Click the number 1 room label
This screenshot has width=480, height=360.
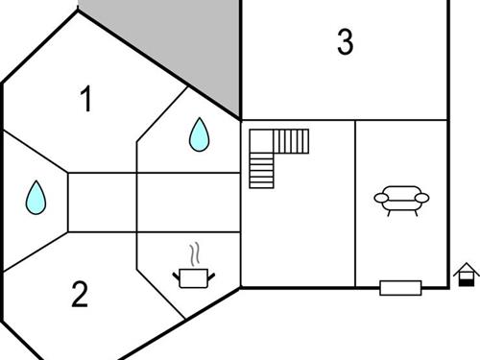pyautogui.click(x=86, y=100)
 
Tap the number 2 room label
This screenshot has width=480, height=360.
pyautogui.click(x=80, y=295)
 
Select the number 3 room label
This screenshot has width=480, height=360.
pyautogui.click(x=346, y=43)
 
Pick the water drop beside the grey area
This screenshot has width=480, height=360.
pyautogui.click(x=199, y=134)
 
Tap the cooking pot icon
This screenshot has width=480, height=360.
pyautogui.click(x=193, y=277)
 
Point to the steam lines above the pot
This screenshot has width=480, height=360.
pyautogui.click(x=196, y=254)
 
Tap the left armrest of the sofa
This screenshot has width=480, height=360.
pyautogui.click(x=380, y=199)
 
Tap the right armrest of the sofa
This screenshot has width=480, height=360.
pyautogui.click(x=422, y=199)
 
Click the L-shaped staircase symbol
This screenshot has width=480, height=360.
pyautogui.click(x=277, y=154)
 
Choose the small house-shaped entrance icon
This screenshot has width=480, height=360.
pyautogui.click(x=466, y=275)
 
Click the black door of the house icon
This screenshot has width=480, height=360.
pyautogui.click(x=467, y=280)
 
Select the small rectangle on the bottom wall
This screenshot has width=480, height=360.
pyautogui.click(x=400, y=287)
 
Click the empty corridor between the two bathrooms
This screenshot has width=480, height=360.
pyautogui.click(x=101, y=202)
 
